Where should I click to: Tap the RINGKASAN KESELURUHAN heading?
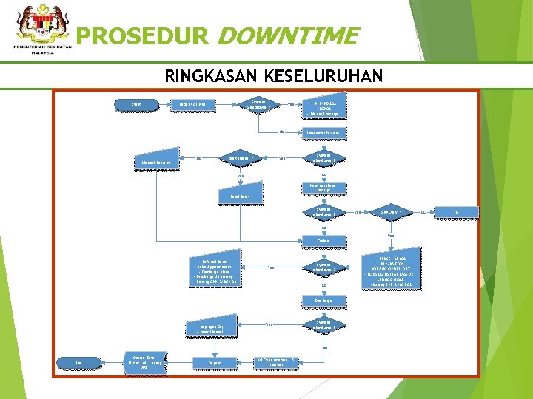coord(273,75)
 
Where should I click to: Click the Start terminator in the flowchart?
coord(135,105)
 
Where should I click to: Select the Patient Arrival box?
coord(192,105)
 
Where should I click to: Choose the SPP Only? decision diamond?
coord(390,212)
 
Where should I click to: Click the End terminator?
coord(79,362)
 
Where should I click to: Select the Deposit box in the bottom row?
coord(213,363)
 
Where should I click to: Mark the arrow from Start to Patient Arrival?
coord(158,105)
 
